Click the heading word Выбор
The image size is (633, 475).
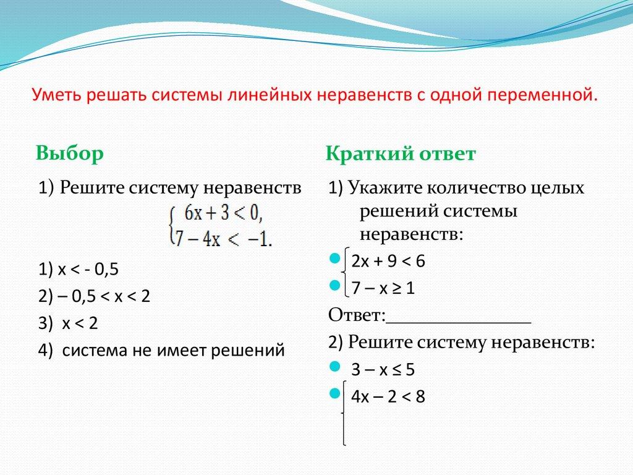(x=69, y=153)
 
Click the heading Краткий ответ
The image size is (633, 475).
(x=401, y=154)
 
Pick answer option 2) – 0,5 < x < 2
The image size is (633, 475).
(x=94, y=296)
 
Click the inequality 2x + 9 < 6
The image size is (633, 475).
(x=388, y=261)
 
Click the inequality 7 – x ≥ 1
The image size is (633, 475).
(x=383, y=288)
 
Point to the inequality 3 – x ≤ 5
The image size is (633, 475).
(x=383, y=370)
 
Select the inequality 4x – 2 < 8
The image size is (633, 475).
(x=388, y=396)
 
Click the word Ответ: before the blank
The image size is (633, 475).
(x=357, y=315)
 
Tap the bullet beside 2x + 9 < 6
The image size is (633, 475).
(x=334, y=257)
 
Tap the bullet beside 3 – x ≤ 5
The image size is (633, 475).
(x=334, y=367)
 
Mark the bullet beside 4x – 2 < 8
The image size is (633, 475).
(x=334, y=393)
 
